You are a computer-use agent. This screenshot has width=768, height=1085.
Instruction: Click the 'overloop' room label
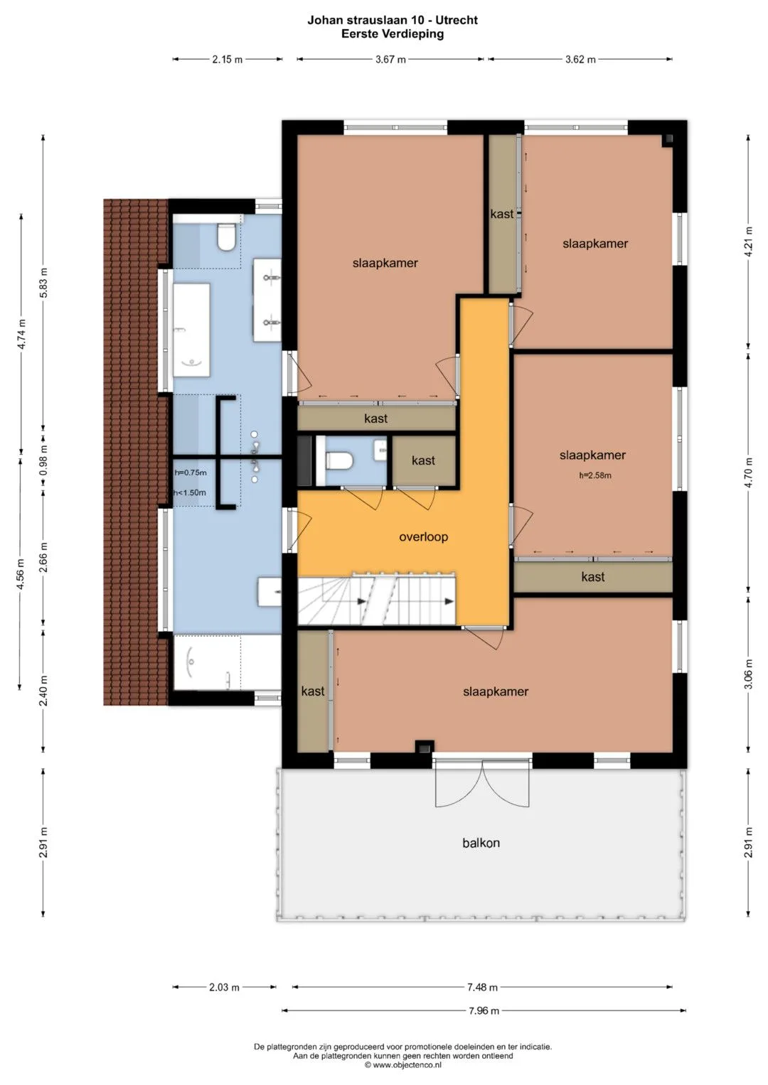click(x=423, y=536)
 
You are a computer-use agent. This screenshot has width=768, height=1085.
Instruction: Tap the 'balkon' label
click(x=481, y=843)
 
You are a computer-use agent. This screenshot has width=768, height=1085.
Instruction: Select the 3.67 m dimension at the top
click(x=390, y=60)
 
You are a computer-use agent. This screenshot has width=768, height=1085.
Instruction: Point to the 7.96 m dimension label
click(x=484, y=1011)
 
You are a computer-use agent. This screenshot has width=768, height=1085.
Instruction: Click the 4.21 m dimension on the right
click(x=749, y=241)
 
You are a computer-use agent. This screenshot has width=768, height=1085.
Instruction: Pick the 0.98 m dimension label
click(x=43, y=459)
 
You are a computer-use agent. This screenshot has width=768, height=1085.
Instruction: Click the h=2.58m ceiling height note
click(x=595, y=475)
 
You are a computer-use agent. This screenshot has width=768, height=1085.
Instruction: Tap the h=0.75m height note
click(x=191, y=473)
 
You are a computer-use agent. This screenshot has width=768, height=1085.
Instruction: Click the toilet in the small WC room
click(x=338, y=460)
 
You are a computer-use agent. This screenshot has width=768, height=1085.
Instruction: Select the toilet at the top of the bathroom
click(x=226, y=237)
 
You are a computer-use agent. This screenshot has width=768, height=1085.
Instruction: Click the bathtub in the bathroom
click(x=191, y=330)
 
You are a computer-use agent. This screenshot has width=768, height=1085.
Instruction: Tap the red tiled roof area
click(x=136, y=452)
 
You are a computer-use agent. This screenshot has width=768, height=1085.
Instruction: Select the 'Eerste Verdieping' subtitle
click(x=393, y=34)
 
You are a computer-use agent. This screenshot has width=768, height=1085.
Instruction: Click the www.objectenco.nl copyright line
click(x=403, y=1065)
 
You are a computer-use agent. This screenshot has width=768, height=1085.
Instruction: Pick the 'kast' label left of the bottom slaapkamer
click(x=313, y=691)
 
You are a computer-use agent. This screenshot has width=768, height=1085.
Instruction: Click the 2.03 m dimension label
click(x=224, y=987)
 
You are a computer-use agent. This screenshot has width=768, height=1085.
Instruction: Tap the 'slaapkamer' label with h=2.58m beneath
click(x=592, y=455)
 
